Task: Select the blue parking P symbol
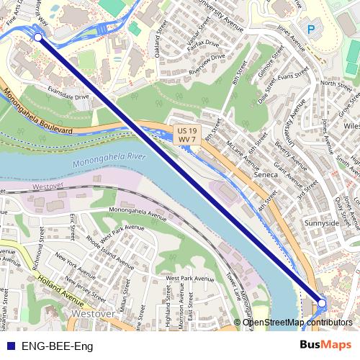[x=311, y=30]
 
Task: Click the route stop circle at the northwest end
[x=37, y=37]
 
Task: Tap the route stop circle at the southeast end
[x=322, y=305]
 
